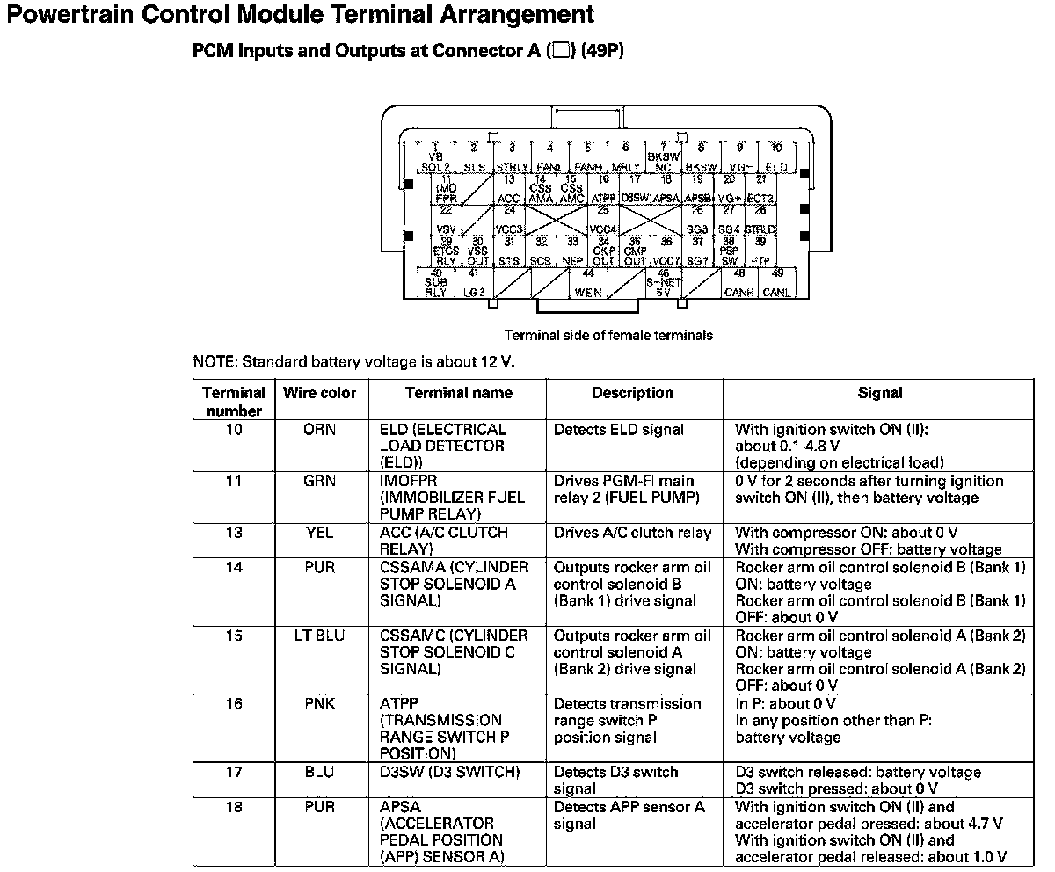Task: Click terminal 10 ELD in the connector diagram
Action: (776, 159)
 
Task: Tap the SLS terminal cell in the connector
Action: (474, 159)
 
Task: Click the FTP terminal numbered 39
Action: (760, 253)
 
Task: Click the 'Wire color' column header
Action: (320, 394)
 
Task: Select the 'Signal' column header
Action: (879, 394)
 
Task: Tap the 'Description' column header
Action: (632, 394)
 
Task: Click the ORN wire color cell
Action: (320, 431)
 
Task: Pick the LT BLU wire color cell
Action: (320, 636)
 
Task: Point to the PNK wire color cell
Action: (320, 704)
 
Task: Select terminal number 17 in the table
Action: (234, 773)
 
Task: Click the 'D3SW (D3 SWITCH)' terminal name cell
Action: (449, 773)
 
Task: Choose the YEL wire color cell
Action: (320, 533)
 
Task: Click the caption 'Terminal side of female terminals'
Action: (608, 335)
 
